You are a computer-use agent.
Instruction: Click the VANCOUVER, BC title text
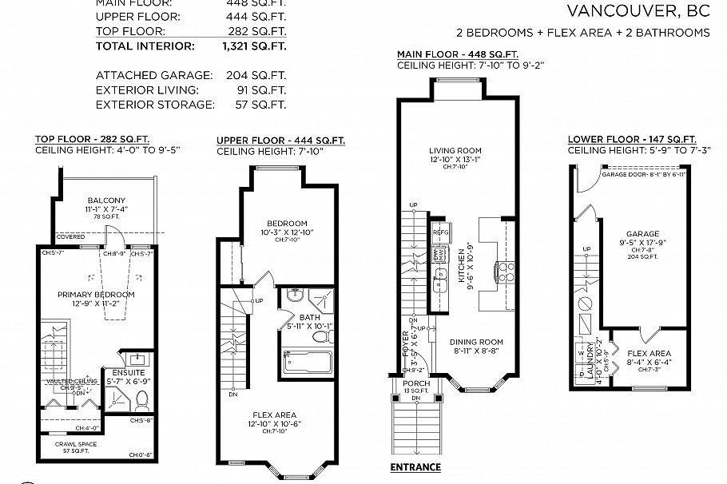(638, 10)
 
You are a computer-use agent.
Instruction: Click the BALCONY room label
(107, 200)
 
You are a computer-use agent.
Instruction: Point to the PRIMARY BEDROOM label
(96, 295)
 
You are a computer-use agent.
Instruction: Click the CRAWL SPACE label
(77, 443)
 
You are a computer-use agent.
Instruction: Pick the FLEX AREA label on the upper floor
(274, 415)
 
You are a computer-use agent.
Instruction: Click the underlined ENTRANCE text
(415, 467)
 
